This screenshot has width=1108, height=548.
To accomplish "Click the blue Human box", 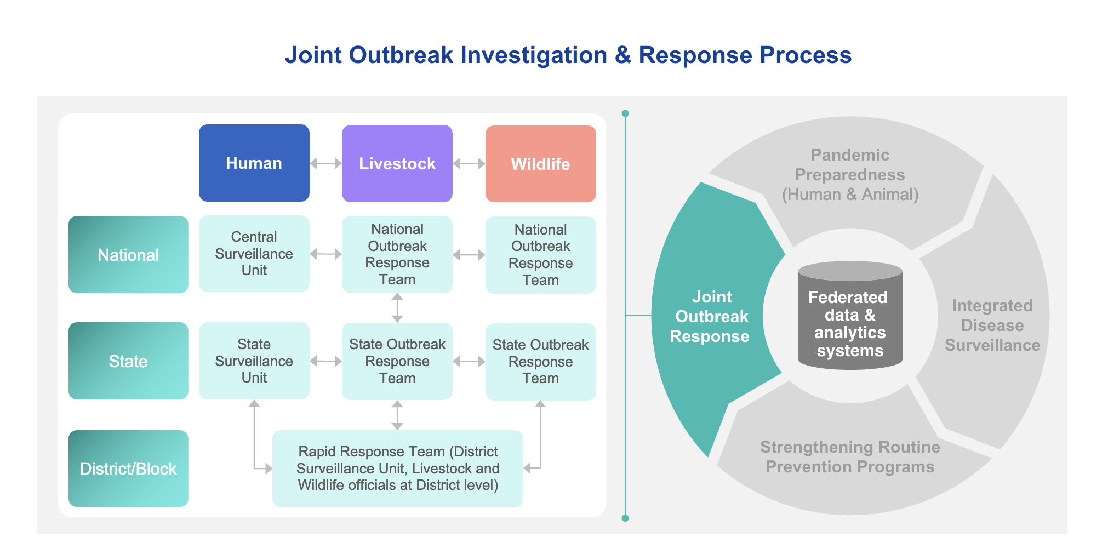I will point(254,163).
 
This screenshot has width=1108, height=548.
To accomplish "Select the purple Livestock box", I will point(397,163).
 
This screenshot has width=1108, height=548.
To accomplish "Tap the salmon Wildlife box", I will point(540,164).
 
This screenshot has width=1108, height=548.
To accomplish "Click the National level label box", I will point(128,254).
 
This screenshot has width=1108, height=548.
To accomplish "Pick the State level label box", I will point(128,361).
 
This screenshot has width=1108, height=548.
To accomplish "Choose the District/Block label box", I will point(128,469).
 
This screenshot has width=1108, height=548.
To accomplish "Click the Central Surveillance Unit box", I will point(254,253).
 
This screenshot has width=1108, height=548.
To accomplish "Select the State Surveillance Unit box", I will point(254,361).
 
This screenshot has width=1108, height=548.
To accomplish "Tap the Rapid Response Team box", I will point(397,469).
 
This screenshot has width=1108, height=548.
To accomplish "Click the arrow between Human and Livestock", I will point(325,163).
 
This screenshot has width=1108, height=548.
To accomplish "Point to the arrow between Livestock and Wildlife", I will point(469,163).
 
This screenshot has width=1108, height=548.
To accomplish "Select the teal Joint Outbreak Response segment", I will point(711,317).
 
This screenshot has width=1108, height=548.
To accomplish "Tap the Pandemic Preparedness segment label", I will point(850,175).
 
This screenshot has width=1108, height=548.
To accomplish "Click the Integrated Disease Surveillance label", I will point(992,325).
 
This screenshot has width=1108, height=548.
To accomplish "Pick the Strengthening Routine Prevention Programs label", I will point(850,456).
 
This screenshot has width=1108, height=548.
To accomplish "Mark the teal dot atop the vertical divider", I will point(625,113).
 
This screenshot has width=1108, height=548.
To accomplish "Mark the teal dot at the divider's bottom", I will point(625,518).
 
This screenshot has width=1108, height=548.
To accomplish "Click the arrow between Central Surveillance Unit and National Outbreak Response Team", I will point(325,254).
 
